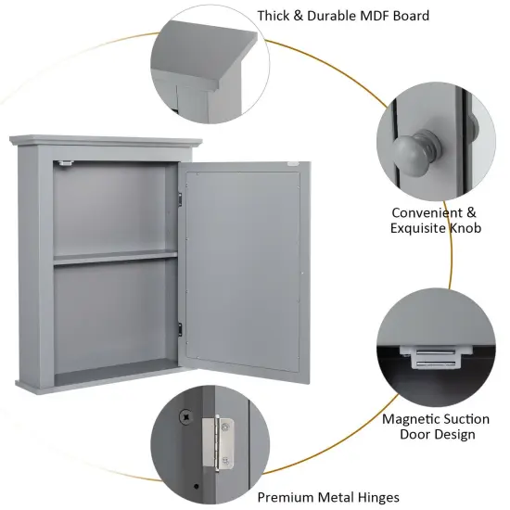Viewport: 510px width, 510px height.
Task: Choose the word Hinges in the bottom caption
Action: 377,498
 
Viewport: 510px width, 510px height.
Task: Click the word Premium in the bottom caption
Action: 285,498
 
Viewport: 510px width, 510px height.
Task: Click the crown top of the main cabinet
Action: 104,141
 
